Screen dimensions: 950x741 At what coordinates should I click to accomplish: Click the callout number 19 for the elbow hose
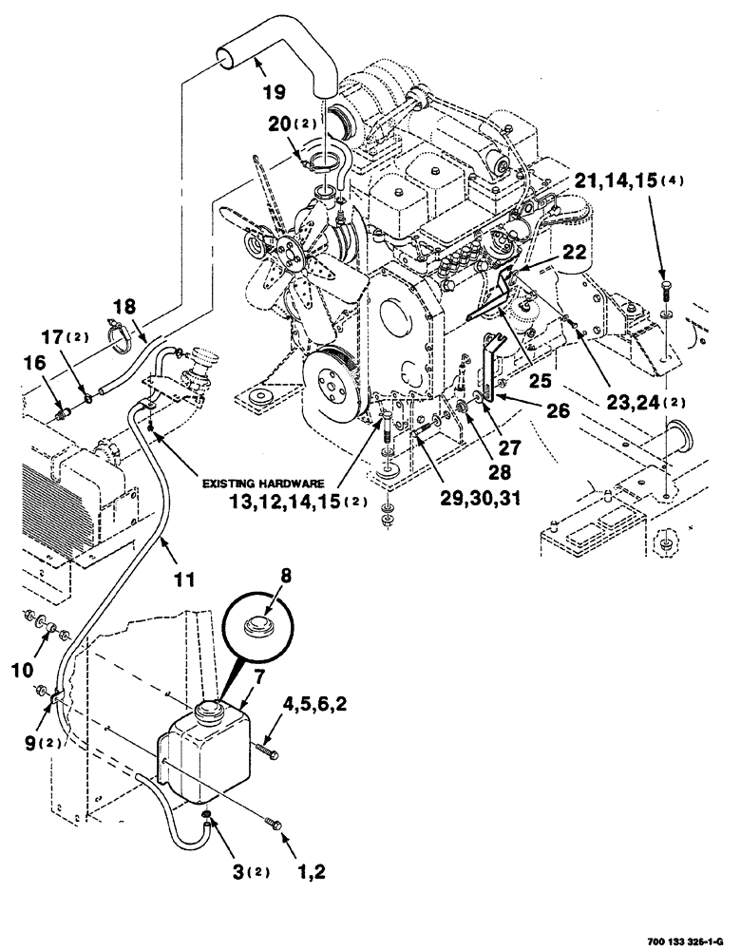click(273, 94)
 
